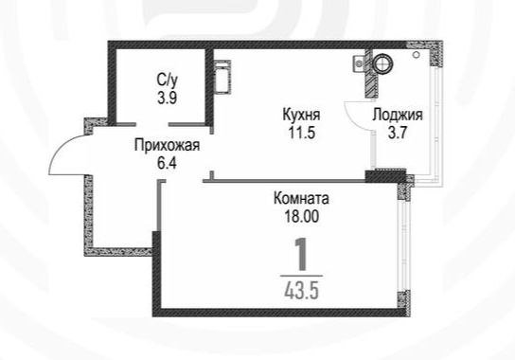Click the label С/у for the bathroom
click(168, 81)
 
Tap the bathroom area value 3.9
click(168, 98)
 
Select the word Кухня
click(301, 115)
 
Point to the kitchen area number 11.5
click(302, 133)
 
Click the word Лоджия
click(398, 116)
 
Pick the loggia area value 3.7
click(398, 134)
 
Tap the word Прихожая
click(168, 146)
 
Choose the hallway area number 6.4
click(168, 163)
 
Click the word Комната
click(301, 199)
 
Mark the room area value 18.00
click(301, 217)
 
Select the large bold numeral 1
click(301, 255)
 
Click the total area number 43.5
click(301, 291)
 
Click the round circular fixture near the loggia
click(382, 63)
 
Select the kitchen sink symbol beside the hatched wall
click(359, 63)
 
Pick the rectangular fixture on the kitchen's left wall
click(222, 78)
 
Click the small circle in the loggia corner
click(417, 55)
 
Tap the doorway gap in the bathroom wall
click(152, 124)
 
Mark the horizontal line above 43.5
click(301, 277)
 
